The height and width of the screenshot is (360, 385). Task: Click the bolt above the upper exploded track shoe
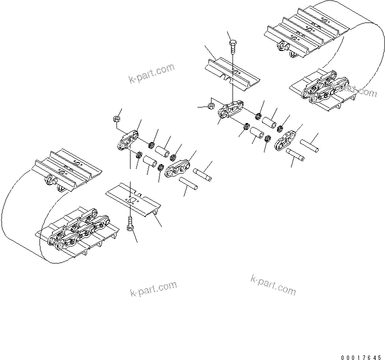click(x=233, y=46)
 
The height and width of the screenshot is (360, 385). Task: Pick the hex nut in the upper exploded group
click(x=211, y=105)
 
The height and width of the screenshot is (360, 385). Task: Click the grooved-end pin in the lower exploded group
click(x=202, y=172)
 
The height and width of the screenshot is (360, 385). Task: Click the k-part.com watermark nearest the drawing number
click(x=273, y=285)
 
